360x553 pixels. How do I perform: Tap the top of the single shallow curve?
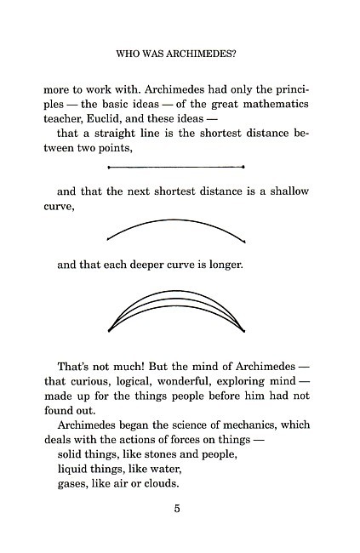pos(177,220)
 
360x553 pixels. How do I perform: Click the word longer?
pos(225,265)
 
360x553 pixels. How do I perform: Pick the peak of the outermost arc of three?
pos(177,291)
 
